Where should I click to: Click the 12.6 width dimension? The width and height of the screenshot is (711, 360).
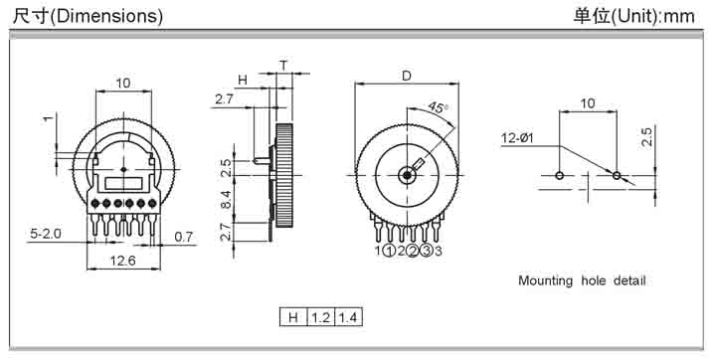(x=123, y=261)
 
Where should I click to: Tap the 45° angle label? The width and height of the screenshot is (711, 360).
(x=438, y=108)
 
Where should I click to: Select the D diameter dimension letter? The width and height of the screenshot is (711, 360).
(x=407, y=76)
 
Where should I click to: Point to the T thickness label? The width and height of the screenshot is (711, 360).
(x=283, y=66)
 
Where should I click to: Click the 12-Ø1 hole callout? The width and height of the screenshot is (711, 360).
(x=517, y=138)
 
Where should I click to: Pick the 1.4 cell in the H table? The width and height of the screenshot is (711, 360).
(x=348, y=317)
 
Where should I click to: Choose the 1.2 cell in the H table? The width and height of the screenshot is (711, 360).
(x=321, y=317)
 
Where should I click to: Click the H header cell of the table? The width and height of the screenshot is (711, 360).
(x=293, y=317)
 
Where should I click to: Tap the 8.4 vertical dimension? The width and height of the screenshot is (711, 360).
(x=226, y=200)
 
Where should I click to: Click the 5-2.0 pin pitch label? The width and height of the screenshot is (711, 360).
(x=46, y=234)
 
